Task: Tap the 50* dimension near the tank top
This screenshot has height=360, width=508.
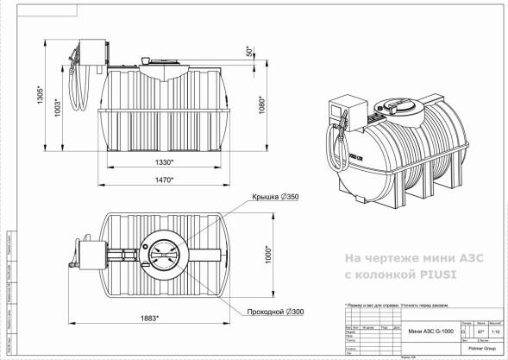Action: pos(249,52)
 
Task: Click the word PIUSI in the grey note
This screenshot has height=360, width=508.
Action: pos(438,275)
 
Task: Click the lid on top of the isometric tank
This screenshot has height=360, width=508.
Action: pos(402,105)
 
